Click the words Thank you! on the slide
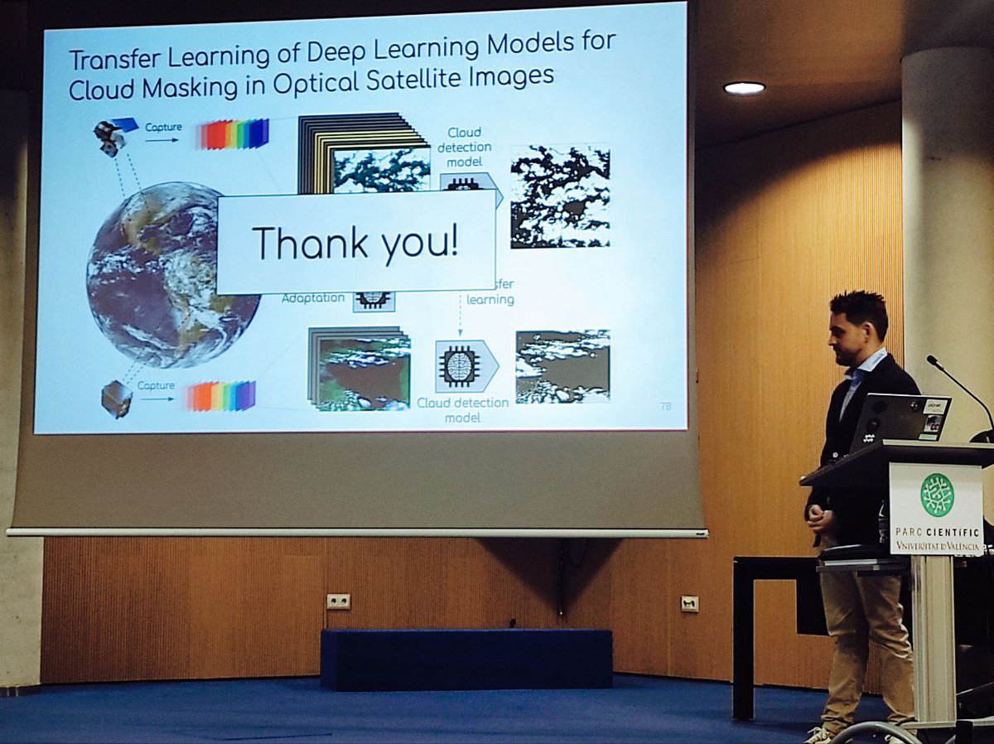(355, 243)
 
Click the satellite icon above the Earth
(111, 136)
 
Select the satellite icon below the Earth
(116, 398)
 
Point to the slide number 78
(665, 406)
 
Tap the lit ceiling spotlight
(743, 88)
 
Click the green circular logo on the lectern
(937, 495)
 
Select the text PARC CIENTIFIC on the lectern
(937, 533)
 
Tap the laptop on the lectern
(900, 423)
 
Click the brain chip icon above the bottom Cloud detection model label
(461, 366)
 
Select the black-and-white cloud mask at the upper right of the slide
(560, 196)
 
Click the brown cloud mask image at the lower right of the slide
(562, 366)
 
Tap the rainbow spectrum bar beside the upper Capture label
(234, 134)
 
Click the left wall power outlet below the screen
(338, 601)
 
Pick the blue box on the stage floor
(466, 659)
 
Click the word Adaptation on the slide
(313, 297)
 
